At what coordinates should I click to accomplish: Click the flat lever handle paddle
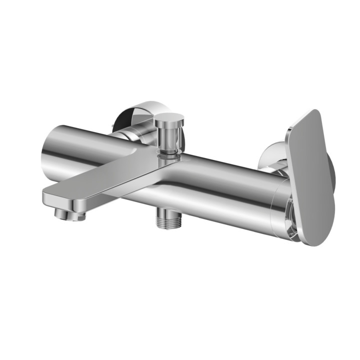click(x=309, y=175)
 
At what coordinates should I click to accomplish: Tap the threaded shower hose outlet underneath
click(x=167, y=218)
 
